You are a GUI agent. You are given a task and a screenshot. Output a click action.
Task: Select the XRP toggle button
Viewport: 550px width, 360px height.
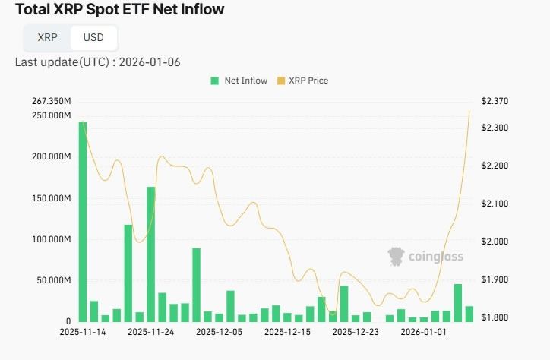[47, 37]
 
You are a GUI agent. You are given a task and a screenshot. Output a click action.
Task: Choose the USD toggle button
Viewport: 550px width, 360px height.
[93, 37]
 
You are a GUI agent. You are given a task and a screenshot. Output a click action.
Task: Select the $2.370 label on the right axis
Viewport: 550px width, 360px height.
[495, 102]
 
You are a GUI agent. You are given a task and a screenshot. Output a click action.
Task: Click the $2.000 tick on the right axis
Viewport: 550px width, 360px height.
[495, 242]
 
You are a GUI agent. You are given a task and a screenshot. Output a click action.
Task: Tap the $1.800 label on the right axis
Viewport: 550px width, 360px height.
[495, 317]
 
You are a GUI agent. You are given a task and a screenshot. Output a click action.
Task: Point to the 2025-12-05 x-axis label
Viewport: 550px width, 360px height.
[220, 332]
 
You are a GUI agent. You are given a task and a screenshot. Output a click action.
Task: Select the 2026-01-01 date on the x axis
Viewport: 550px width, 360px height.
[424, 332]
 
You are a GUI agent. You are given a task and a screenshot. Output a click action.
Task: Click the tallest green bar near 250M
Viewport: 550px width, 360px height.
[83, 220]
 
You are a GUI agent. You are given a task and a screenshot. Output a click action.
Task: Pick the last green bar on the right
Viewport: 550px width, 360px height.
[469, 314]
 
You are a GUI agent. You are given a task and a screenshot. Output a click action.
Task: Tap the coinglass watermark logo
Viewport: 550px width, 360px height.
[425, 257]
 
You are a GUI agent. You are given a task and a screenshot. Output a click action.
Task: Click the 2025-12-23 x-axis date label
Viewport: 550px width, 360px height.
[356, 332]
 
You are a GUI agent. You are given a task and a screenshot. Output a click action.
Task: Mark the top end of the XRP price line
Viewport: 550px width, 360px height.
[469, 111]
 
